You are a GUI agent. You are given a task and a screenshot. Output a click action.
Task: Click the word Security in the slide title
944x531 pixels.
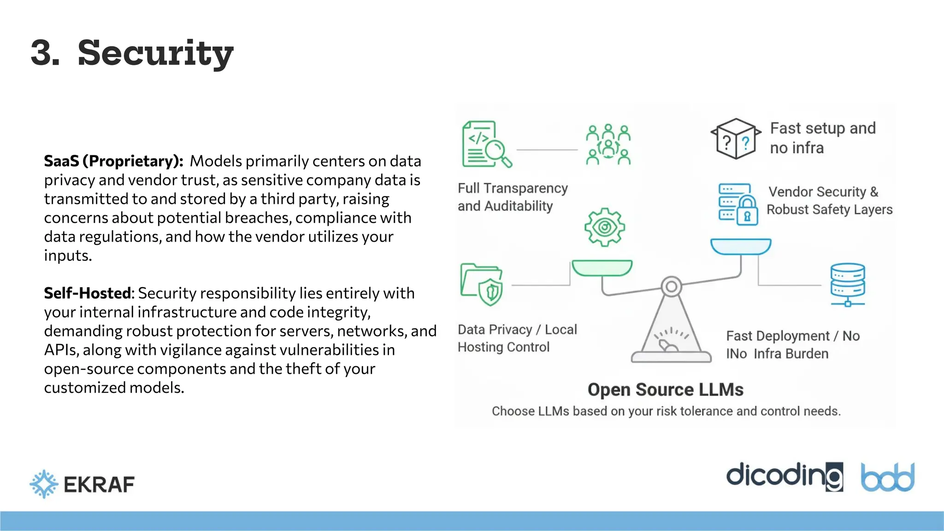[x=155, y=53]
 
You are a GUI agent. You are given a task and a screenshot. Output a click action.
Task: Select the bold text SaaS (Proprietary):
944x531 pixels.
[x=113, y=161]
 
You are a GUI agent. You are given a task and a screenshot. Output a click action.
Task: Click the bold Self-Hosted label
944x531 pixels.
[x=88, y=293]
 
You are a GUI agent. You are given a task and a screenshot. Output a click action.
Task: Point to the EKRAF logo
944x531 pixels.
[x=82, y=484]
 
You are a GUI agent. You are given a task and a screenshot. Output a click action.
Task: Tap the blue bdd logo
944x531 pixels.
[x=887, y=477]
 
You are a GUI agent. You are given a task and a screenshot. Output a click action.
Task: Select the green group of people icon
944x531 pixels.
[x=608, y=144]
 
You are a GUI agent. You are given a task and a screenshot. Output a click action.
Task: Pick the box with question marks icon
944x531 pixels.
[x=736, y=139]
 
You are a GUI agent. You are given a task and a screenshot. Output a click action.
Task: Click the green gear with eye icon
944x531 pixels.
[x=604, y=227]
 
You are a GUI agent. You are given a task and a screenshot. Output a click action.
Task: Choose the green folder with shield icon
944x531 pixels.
[x=482, y=284]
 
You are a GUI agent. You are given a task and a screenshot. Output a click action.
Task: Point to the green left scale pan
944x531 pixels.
[x=602, y=268]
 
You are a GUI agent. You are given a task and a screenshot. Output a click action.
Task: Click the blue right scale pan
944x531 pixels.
[x=740, y=246]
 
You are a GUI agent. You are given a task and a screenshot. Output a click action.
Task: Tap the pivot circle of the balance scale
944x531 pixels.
[x=671, y=287]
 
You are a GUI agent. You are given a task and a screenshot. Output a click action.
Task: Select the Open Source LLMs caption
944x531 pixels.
[x=665, y=389]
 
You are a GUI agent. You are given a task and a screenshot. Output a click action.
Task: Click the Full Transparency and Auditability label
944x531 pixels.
[x=513, y=197]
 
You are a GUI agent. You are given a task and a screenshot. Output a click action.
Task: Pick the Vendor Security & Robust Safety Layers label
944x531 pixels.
[x=829, y=201]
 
